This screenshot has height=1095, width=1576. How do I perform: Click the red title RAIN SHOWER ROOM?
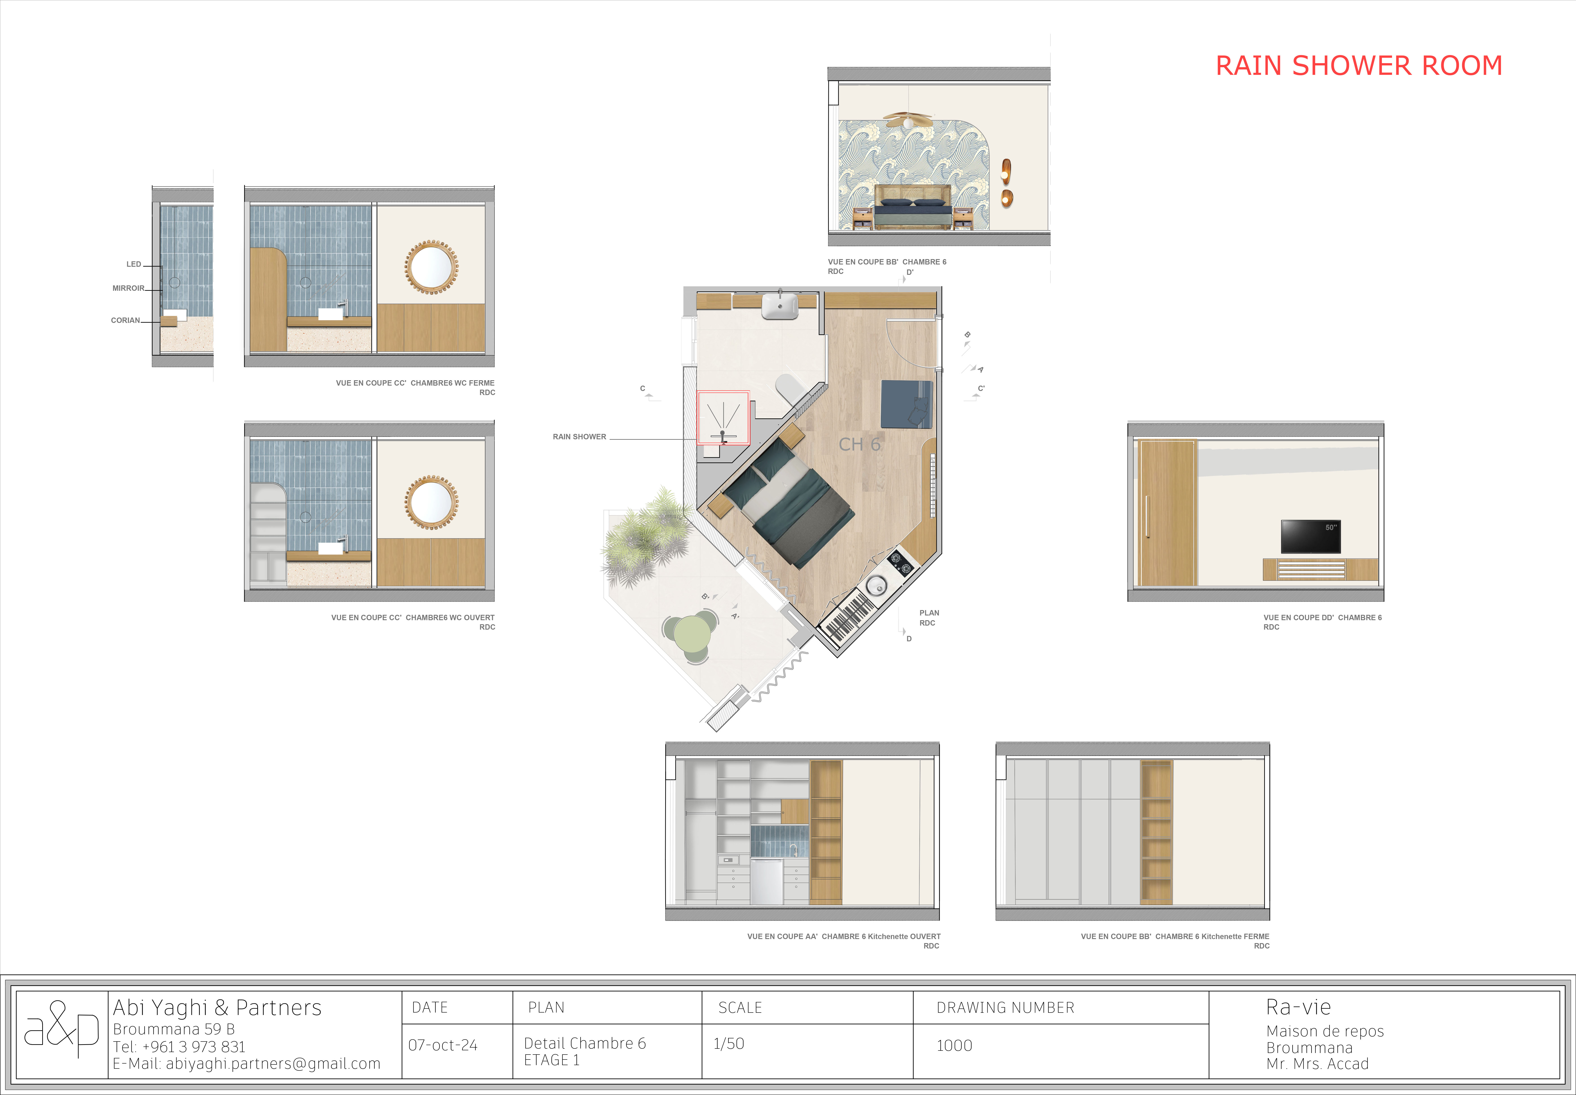[1359, 66]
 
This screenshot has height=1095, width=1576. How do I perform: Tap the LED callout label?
[134, 264]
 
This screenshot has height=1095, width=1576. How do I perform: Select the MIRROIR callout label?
[128, 288]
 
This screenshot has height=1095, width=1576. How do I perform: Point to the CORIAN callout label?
[126, 320]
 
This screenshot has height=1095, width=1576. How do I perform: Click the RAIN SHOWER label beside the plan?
[579, 436]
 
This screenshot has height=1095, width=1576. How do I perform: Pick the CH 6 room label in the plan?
[859, 445]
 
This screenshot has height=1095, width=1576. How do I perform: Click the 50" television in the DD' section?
[1311, 536]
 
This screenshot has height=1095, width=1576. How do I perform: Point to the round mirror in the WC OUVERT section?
[431, 502]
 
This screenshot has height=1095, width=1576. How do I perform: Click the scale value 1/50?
[728, 1044]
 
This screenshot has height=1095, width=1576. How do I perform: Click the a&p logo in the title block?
[62, 1029]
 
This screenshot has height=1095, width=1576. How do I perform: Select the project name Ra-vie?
[1298, 1007]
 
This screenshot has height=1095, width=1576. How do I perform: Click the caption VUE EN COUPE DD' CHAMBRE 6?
[1322, 617]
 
